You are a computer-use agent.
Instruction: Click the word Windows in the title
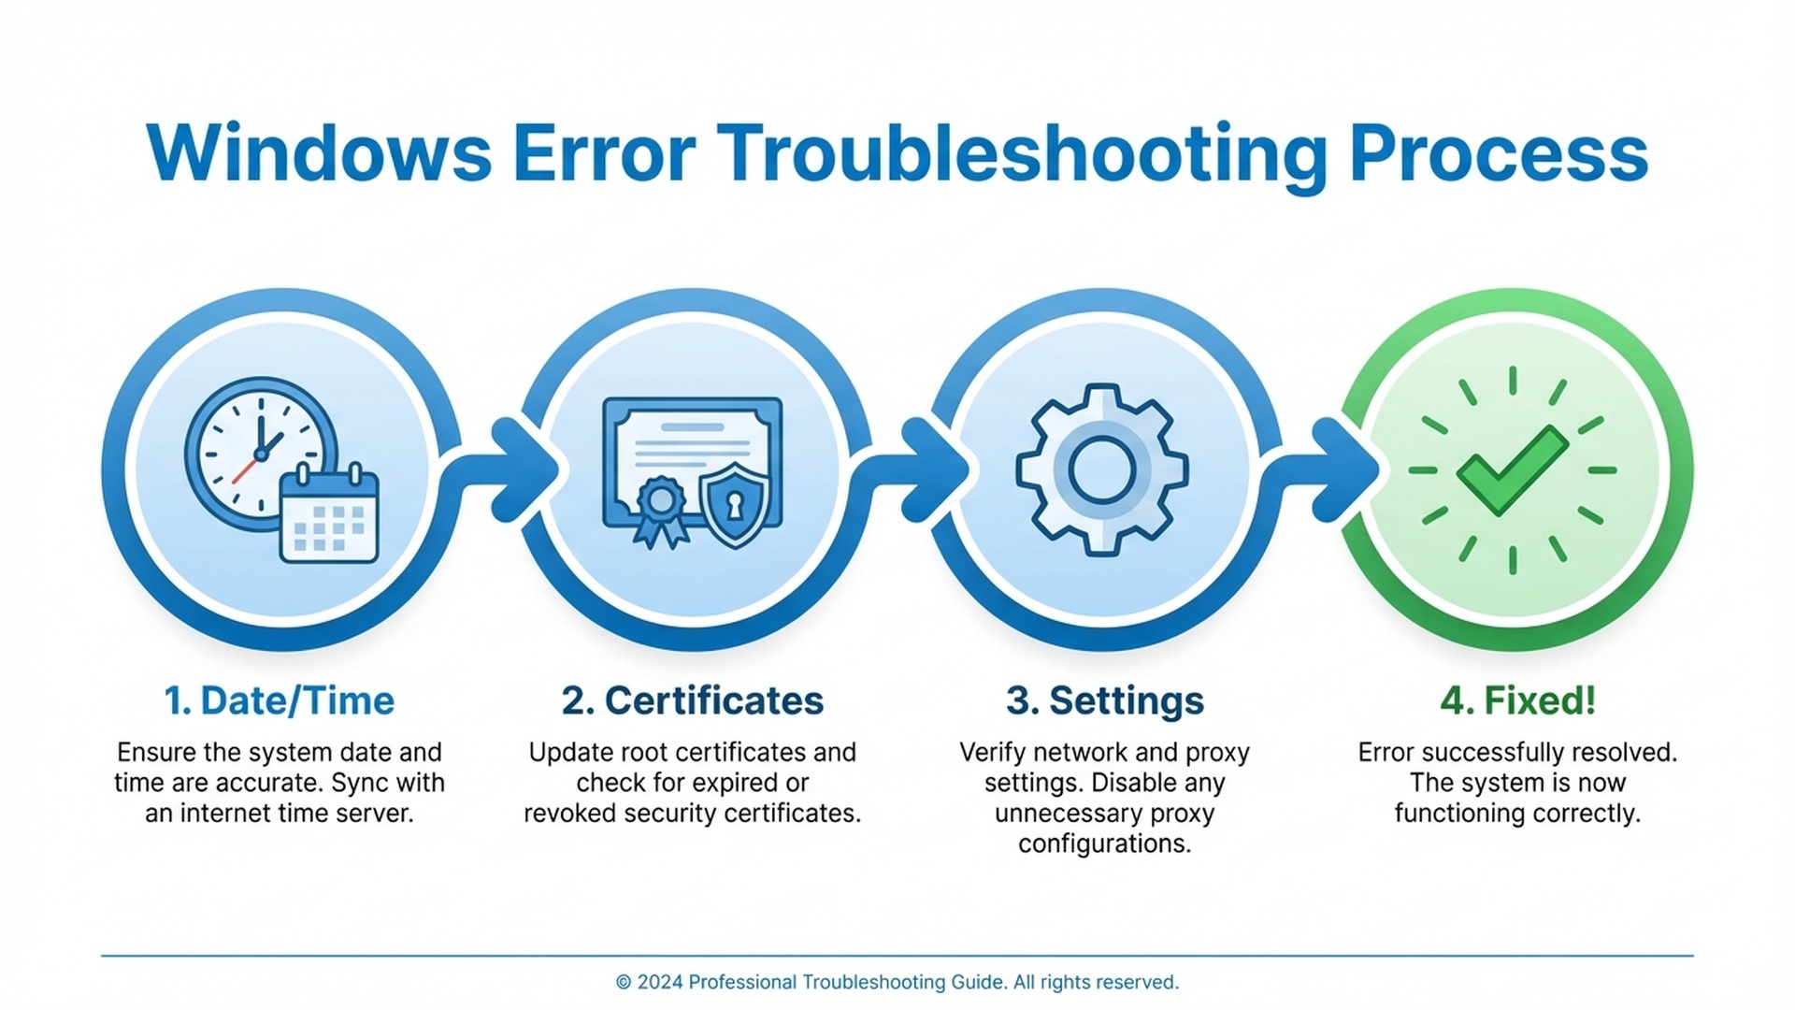point(319,154)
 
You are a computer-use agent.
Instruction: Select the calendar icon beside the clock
point(329,515)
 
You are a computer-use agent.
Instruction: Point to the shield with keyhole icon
point(735,504)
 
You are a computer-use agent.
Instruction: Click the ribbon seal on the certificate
point(660,510)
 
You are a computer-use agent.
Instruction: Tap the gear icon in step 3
point(1102,469)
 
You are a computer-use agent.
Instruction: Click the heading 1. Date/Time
point(280,700)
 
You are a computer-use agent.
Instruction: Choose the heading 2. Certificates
point(693,700)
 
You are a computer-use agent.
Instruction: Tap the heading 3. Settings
point(1105,700)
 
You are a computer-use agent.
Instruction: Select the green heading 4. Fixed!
point(1517,700)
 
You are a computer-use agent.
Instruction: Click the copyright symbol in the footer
point(624,983)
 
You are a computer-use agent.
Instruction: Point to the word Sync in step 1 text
point(361,783)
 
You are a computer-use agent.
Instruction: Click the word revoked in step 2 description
point(570,814)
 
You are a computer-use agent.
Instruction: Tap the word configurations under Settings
point(1105,844)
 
